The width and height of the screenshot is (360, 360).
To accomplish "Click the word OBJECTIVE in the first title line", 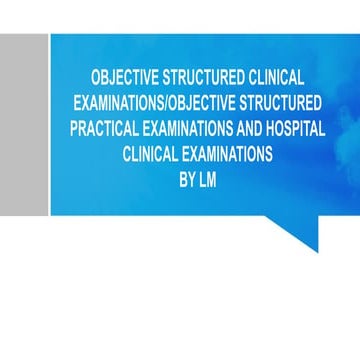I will click(x=119, y=77).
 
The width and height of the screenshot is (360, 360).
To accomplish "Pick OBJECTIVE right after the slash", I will click(x=199, y=102).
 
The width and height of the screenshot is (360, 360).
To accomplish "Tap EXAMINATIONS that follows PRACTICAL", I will click(x=193, y=128).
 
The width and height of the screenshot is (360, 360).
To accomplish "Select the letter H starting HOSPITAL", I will click(x=272, y=128).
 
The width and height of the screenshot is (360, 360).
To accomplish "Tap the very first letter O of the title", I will click(x=96, y=77).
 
